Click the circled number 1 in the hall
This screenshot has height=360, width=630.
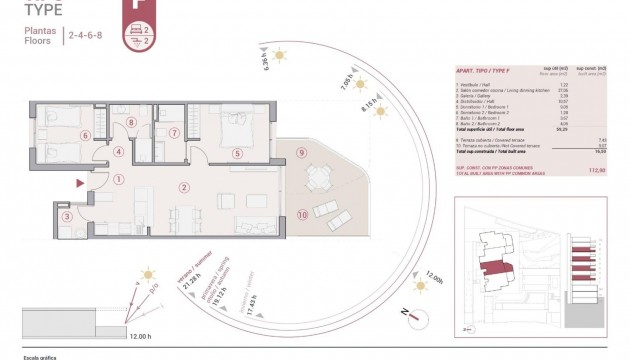click(118, 180)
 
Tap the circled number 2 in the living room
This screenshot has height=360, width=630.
click(183, 187)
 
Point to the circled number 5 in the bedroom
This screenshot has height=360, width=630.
click(236, 153)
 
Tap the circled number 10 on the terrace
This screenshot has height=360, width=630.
click(301, 215)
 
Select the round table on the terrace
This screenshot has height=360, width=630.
click(318, 180)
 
